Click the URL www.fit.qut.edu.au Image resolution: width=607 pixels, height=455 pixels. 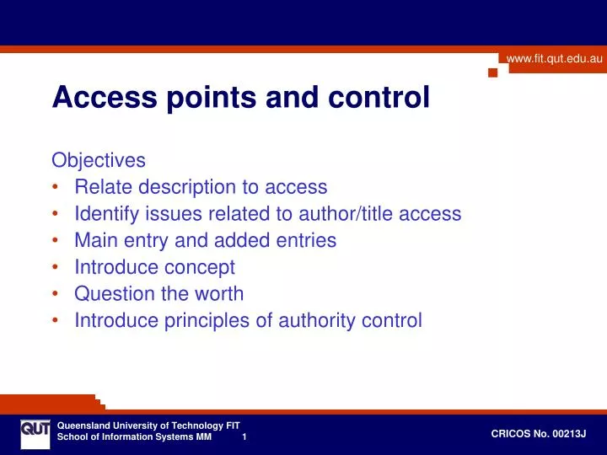point(554,58)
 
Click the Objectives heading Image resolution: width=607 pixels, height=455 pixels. point(99,160)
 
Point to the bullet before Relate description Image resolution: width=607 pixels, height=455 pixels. point(56,188)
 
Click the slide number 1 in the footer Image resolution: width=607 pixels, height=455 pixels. point(244,437)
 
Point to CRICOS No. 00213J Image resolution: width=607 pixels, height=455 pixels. point(538,433)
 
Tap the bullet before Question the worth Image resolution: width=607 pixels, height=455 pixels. point(56,295)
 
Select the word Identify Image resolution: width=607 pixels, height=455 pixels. point(106,214)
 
